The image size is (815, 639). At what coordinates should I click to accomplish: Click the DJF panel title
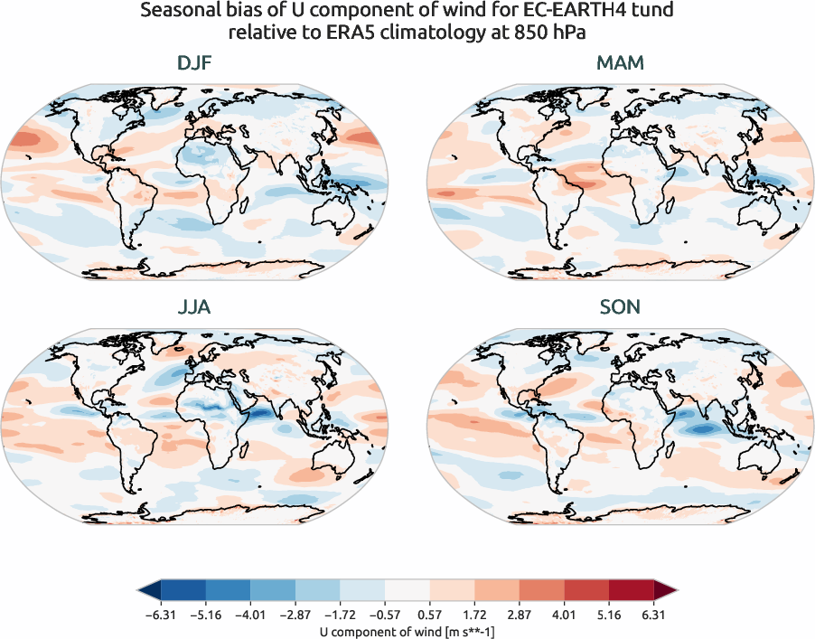pos(194,65)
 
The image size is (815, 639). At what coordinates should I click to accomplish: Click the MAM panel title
pos(619,65)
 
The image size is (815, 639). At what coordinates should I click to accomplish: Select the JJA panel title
pos(194,307)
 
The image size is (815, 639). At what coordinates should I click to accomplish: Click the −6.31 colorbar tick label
pos(159,615)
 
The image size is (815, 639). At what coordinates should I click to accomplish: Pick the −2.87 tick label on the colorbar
pos(295,615)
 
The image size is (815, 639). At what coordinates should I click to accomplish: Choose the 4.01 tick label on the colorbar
pos(566,615)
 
